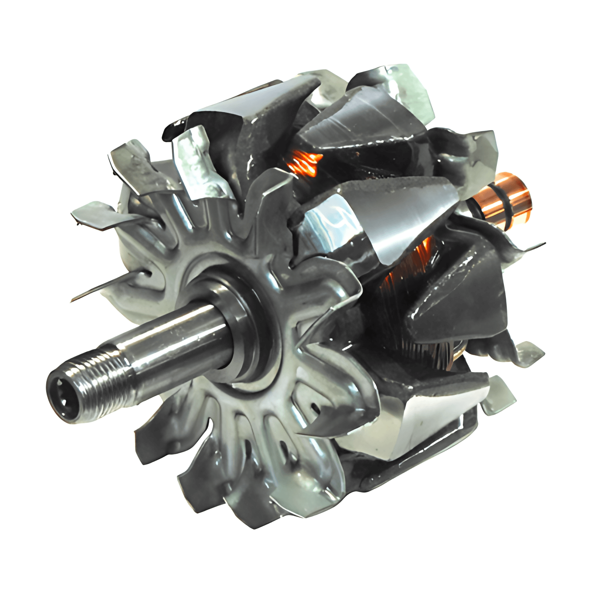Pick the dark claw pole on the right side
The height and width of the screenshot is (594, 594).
coord(460,301)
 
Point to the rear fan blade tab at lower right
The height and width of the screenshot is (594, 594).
coord(499,396)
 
